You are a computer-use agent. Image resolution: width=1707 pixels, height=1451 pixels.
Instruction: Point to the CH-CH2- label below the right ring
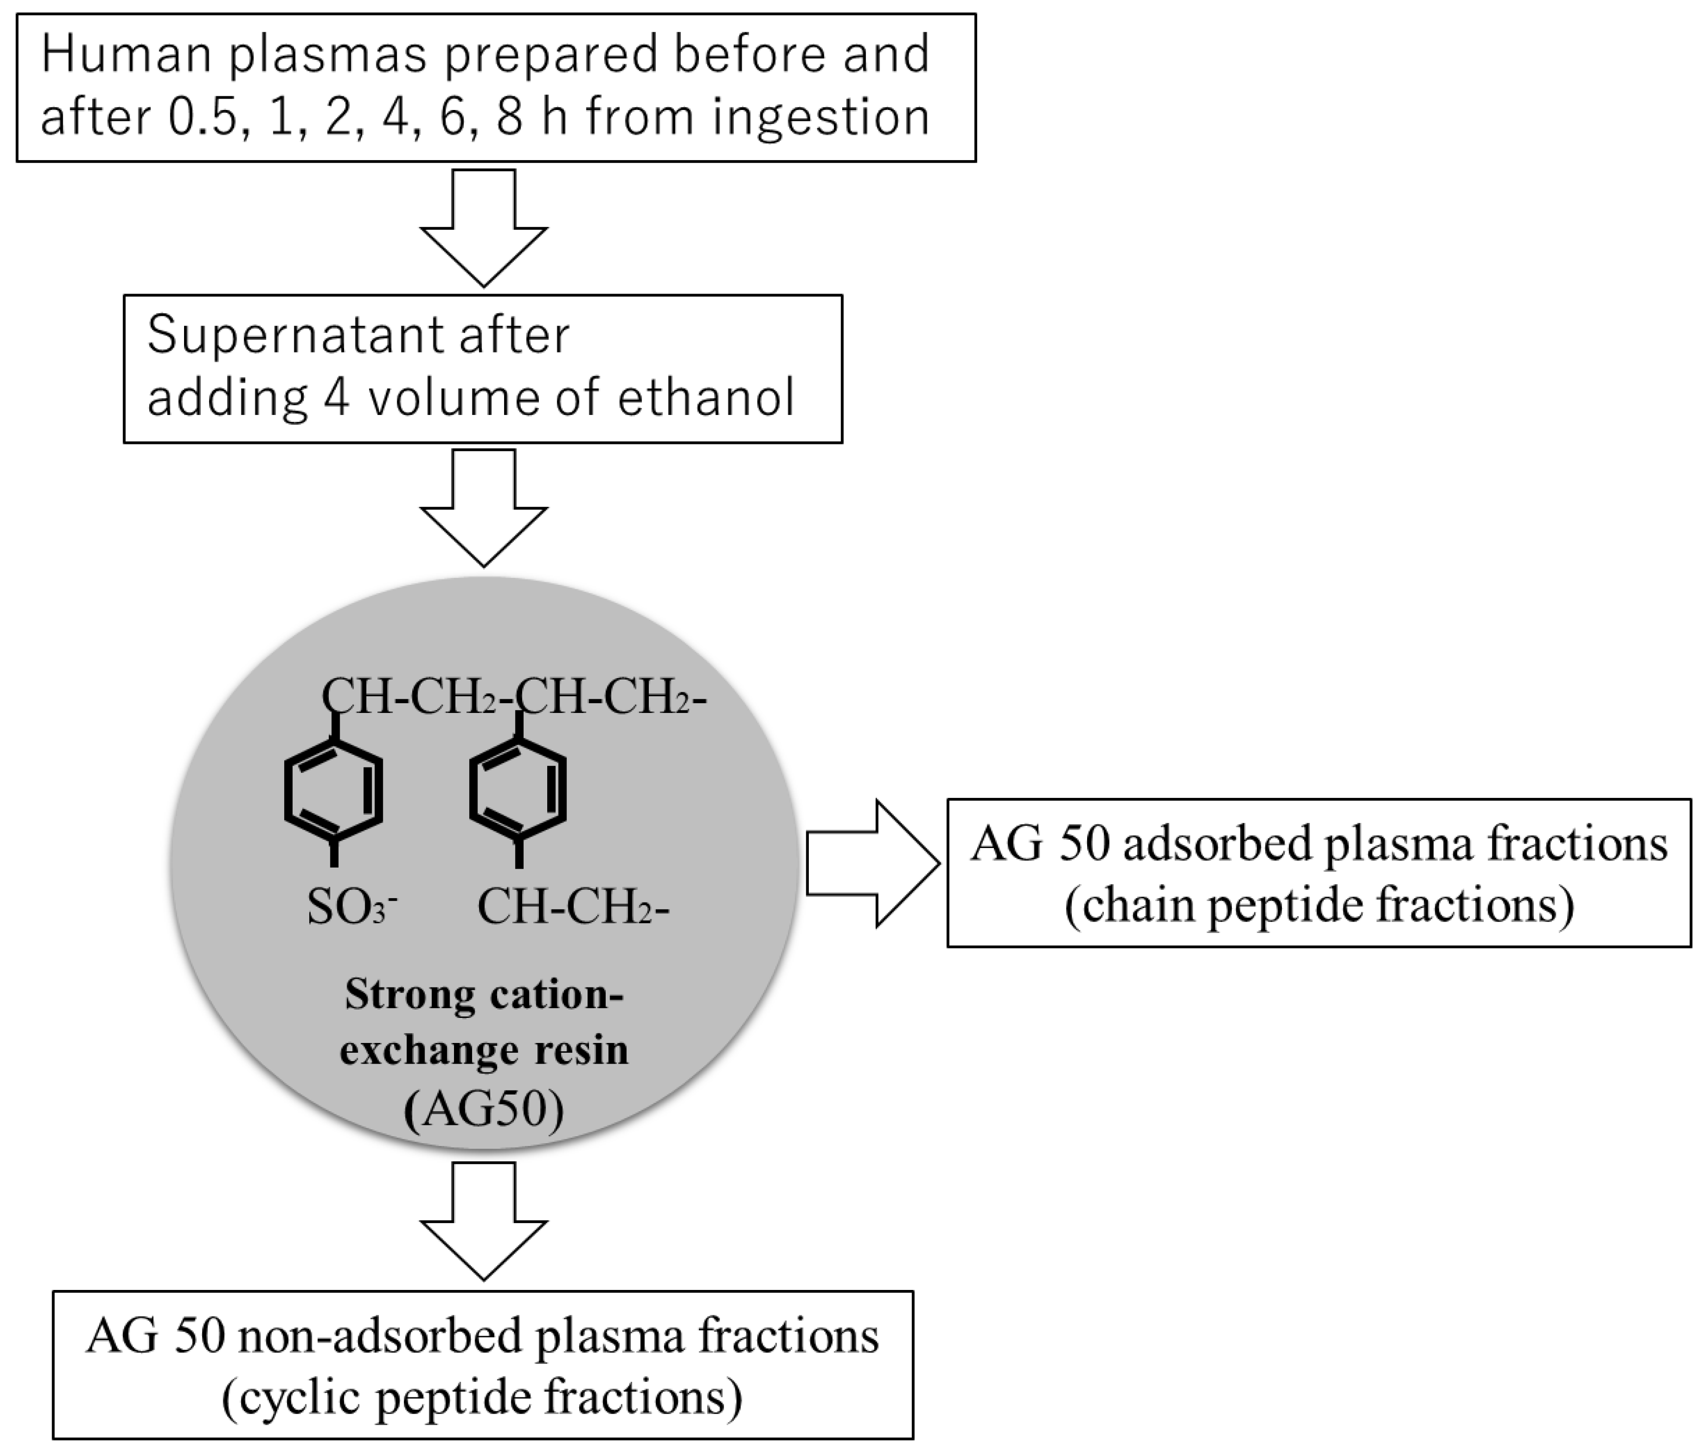(573, 908)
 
